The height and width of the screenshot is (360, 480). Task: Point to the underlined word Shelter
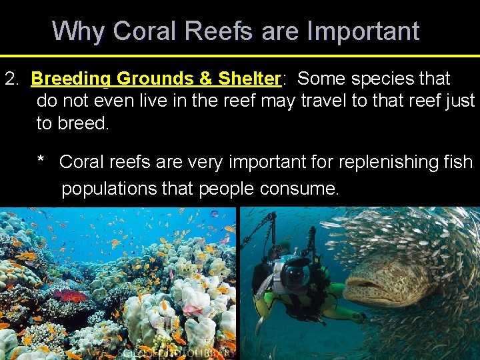249,79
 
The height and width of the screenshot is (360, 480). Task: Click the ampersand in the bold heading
205,79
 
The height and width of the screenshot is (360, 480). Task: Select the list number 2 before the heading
11,79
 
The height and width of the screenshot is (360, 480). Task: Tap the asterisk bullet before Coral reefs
41,162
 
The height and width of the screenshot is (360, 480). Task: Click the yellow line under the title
240,55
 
